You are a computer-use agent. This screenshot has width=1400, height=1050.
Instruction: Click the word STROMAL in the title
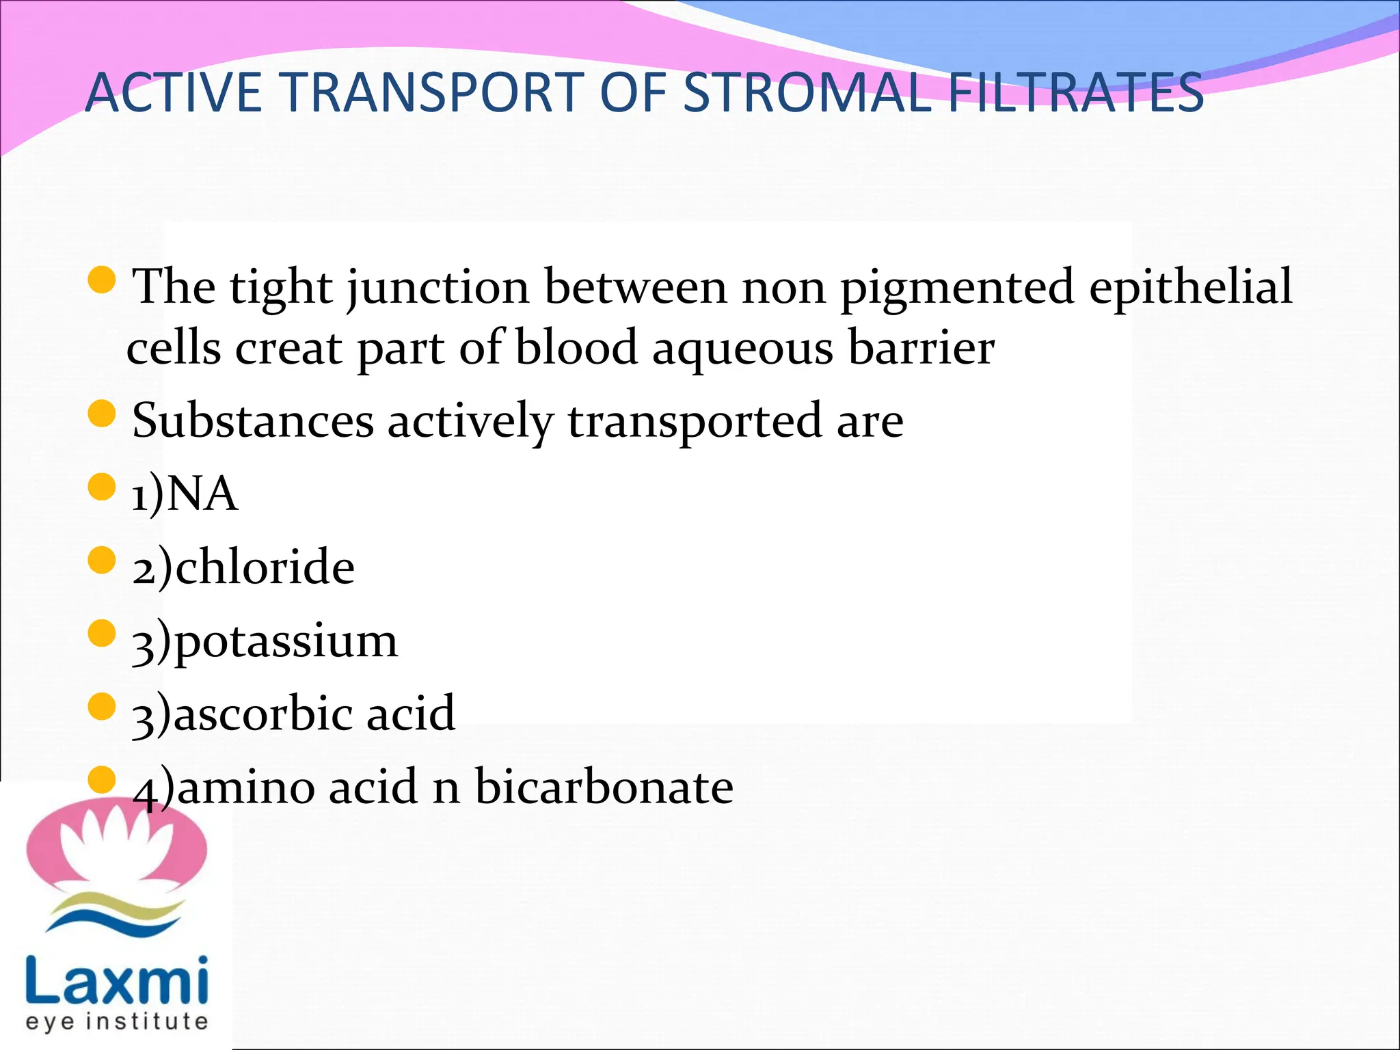pos(806,93)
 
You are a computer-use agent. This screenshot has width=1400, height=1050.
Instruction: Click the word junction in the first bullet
pos(438,287)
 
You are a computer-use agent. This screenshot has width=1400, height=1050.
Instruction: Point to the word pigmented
pos(956,287)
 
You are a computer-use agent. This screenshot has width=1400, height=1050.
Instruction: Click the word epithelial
pos(1190,287)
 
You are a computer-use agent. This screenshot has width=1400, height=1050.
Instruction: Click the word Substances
pos(252,420)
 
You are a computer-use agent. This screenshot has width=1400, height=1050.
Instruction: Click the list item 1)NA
pos(185,494)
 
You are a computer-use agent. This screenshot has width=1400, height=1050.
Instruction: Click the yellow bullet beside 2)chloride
pos(102,560)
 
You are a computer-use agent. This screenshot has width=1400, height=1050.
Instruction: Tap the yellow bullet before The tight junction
pos(102,280)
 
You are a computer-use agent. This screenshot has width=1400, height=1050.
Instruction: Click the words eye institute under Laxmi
pos(116,1022)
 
